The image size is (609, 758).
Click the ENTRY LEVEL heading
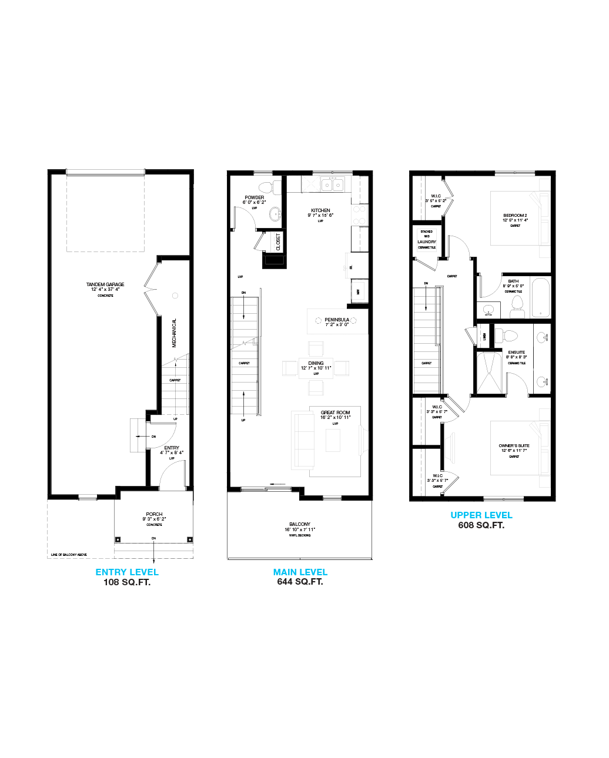(126, 572)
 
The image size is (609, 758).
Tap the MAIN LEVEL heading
(300, 572)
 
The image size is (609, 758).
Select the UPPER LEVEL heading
(481, 515)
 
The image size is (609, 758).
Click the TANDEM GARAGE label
(105, 284)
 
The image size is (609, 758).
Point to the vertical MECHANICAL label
(174, 333)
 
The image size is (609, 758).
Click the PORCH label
(154, 514)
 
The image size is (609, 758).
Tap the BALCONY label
(300, 524)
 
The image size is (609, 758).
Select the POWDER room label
(255, 197)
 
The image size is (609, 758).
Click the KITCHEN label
(320, 210)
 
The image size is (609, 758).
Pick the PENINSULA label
(337, 320)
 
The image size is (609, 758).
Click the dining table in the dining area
(316, 368)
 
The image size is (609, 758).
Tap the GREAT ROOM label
(335, 413)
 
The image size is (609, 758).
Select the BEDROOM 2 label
(515, 216)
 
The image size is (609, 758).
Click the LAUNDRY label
(427, 242)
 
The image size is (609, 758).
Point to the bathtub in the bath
(540, 297)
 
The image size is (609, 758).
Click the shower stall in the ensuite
(490, 373)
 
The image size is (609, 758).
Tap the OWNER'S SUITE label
(514, 446)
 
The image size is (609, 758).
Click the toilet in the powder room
(266, 187)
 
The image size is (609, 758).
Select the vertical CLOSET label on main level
(278, 241)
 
